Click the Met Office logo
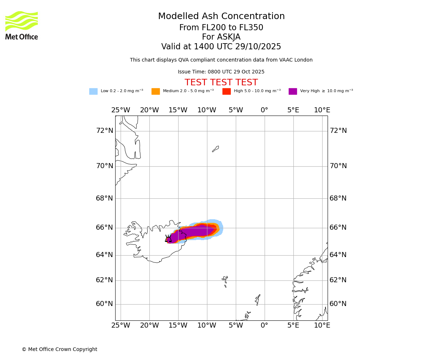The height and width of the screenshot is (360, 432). (22, 25)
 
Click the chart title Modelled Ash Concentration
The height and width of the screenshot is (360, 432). (221, 17)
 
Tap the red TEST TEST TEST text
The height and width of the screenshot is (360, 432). (221, 83)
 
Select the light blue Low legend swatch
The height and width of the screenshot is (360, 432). (93, 91)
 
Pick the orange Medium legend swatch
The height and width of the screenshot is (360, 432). (156, 91)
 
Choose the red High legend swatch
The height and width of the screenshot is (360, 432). (226, 91)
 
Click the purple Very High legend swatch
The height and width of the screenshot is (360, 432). (293, 91)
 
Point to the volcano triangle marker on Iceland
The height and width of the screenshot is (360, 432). (168, 239)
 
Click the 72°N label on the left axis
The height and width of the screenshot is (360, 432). (104, 131)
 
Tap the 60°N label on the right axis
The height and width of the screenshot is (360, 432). (338, 304)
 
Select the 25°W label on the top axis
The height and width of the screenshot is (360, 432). (121, 110)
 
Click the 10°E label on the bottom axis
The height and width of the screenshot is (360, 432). (322, 325)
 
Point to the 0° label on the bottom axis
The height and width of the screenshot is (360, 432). (264, 325)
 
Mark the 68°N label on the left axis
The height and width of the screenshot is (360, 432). (104, 198)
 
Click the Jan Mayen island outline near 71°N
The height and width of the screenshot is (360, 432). (216, 149)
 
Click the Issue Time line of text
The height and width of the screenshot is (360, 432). (221, 72)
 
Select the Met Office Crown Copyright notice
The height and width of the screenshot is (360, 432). (59, 350)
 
